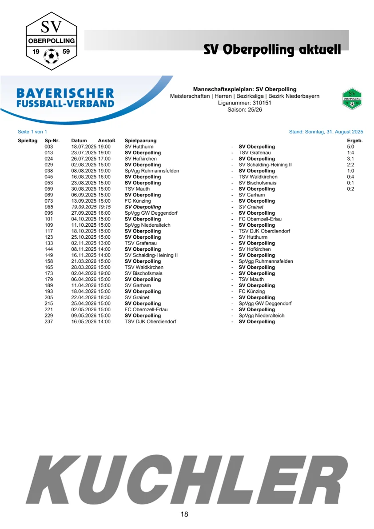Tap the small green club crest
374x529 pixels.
(x=352, y=99)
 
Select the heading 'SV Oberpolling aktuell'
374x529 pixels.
(x=272, y=49)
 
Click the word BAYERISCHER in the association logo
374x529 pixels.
(x=65, y=93)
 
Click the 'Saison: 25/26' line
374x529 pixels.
(x=245, y=109)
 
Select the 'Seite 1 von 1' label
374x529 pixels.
(x=32, y=132)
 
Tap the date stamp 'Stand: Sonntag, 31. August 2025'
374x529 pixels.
(x=326, y=132)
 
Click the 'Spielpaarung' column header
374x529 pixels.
(x=140, y=140)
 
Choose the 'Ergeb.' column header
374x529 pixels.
(x=354, y=140)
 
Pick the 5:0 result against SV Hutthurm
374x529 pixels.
(x=350, y=147)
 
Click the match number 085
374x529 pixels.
(x=49, y=207)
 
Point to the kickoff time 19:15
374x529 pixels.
(x=104, y=207)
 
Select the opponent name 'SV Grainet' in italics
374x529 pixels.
(x=251, y=207)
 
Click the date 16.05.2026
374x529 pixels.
(x=84, y=322)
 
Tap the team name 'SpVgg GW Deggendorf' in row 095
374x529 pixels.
(x=151, y=213)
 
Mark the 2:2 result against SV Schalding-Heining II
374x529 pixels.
(x=350, y=165)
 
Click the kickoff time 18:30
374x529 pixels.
(x=104, y=298)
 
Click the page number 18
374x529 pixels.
(x=184, y=515)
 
